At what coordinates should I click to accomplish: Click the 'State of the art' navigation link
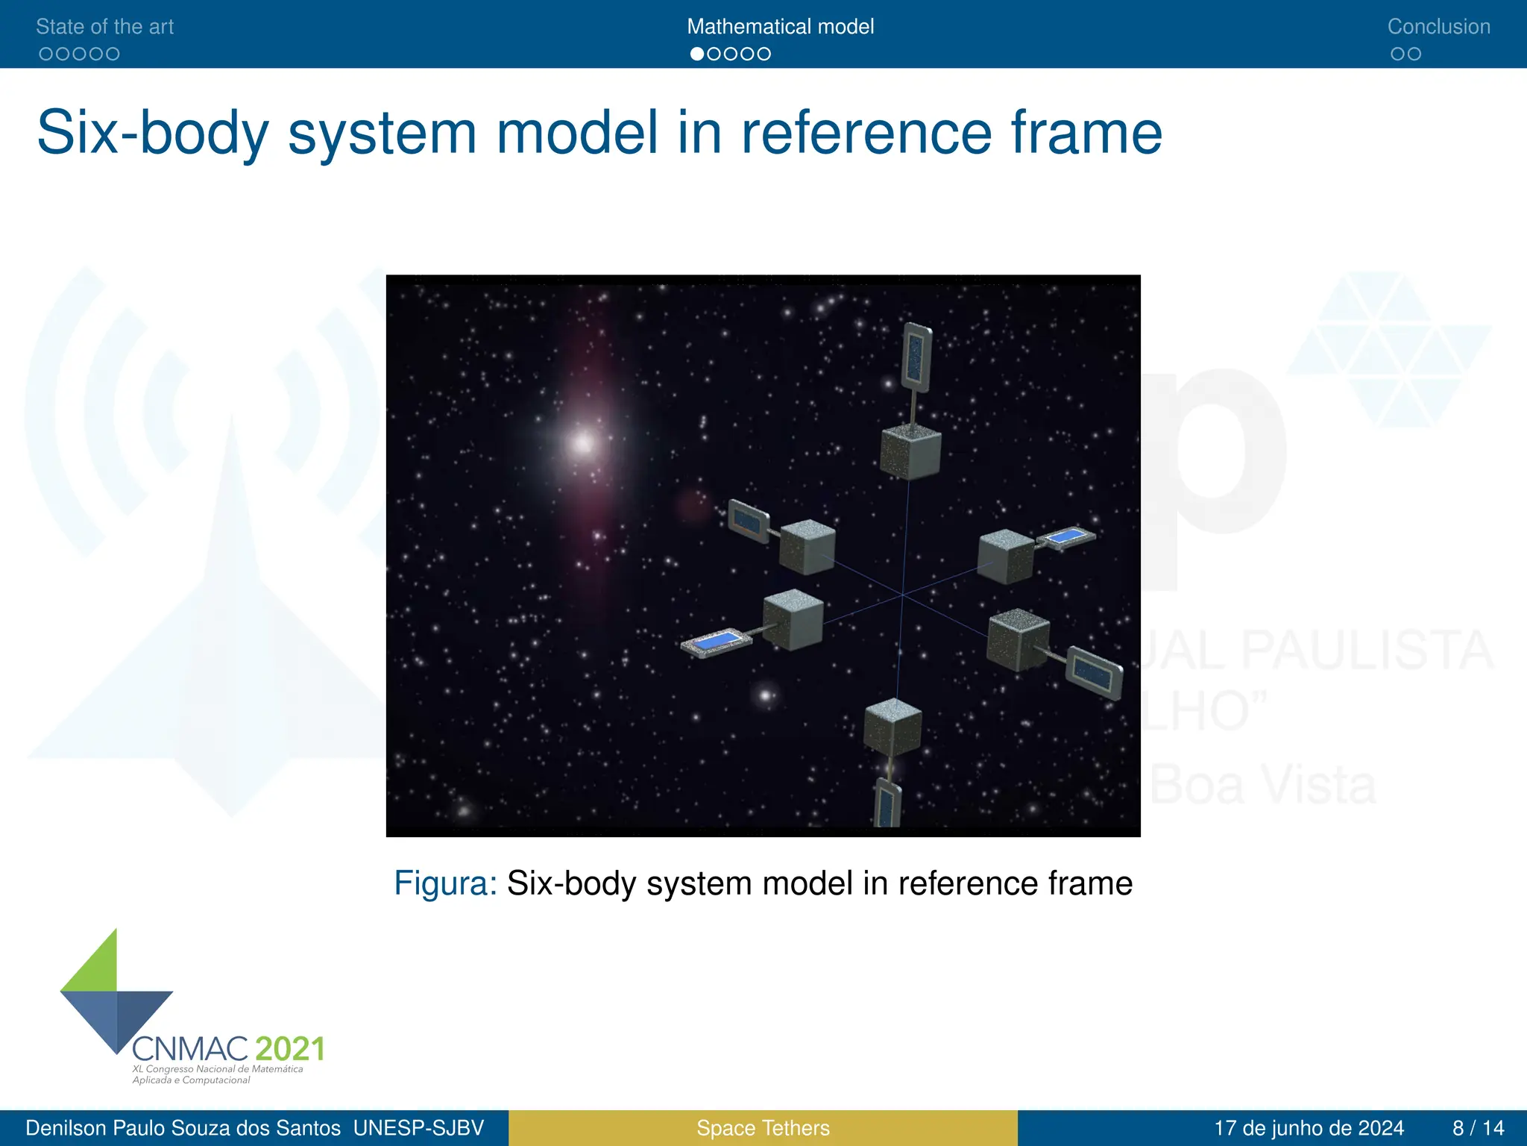(x=104, y=27)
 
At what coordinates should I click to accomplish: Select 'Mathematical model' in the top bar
(x=780, y=27)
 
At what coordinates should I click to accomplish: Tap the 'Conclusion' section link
(x=1438, y=27)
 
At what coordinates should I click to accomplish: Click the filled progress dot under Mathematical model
(x=697, y=54)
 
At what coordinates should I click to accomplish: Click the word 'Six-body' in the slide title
(x=152, y=133)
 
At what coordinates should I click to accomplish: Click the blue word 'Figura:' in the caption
(x=445, y=883)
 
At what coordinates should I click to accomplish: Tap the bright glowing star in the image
(x=582, y=444)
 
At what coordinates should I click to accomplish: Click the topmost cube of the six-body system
(x=910, y=451)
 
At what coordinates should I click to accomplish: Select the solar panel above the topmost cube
(x=916, y=357)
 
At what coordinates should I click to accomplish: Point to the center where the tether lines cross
(x=902, y=595)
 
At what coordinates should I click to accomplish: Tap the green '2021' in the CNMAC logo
(x=290, y=1049)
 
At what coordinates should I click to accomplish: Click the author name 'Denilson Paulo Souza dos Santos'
(x=183, y=1128)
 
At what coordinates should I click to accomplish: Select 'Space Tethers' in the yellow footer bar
(x=763, y=1128)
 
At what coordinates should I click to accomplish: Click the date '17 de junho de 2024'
(x=1309, y=1128)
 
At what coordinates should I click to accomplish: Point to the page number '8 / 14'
(x=1478, y=1128)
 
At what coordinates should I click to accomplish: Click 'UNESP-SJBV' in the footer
(x=418, y=1128)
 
